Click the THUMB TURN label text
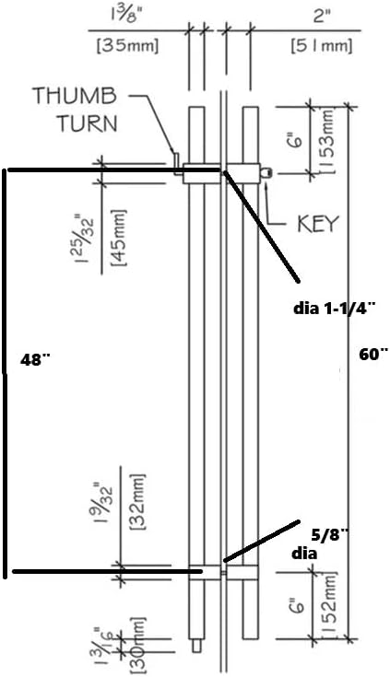click(76, 110)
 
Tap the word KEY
click(317, 224)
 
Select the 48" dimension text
click(35, 359)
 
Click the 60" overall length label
click(374, 355)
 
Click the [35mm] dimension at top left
click(126, 46)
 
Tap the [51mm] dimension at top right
click(322, 46)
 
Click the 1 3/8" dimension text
click(127, 17)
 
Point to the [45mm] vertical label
click(118, 238)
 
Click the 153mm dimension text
click(327, 141)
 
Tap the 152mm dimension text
click(327, 604)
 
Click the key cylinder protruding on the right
click(266, 173)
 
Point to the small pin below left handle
click(196, 645)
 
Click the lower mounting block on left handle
click(205, 572)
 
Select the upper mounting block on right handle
click(243, 173)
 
